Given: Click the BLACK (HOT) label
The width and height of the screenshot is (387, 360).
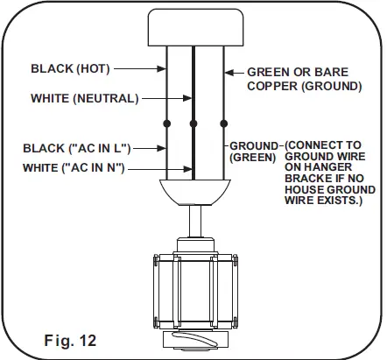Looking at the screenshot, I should click(67, 67).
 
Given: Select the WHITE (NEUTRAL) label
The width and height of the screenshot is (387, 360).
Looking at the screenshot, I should click(84, 99).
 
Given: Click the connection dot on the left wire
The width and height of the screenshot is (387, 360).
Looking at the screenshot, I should click(166, 123).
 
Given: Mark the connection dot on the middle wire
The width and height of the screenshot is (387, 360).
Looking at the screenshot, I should click(193, 123).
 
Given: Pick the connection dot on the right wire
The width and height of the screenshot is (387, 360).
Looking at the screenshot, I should click(224, 123).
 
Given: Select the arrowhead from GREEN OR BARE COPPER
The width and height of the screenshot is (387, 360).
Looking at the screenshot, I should click(228, 73).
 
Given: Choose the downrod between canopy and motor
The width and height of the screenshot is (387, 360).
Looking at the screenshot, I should click(194, 219).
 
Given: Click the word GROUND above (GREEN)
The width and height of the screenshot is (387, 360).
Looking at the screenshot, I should click(254, 145).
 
